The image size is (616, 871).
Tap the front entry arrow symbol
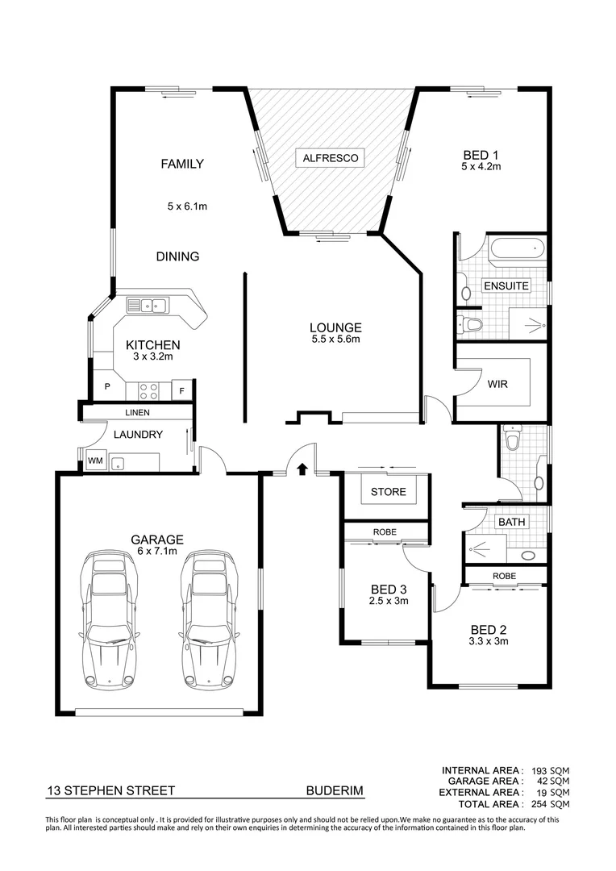pos(302,468)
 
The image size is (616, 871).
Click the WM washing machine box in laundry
pos(95,461)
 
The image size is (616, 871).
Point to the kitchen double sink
pos(147,305)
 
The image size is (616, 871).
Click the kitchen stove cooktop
pos(149,391)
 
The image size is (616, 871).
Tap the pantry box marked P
pos(107,388)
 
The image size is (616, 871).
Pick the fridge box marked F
pos(182,392)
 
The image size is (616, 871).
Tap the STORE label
pos(387,492)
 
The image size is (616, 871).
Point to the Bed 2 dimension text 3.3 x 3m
pos(489,642)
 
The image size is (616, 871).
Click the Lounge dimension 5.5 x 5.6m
pos(335,340)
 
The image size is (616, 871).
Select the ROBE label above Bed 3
pos(383,532)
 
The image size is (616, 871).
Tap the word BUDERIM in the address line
pos(335,792)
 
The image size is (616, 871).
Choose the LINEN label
pos(137,413)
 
